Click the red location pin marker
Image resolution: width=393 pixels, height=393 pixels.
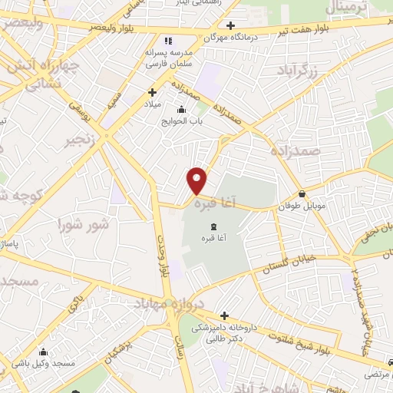point(197,180)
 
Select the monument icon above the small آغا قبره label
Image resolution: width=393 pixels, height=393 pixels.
point(213,226)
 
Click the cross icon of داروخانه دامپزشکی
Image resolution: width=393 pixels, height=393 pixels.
point(224,315)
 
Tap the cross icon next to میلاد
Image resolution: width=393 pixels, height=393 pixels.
point(152,92)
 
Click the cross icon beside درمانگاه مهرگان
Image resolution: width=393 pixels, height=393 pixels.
point(230,26)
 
